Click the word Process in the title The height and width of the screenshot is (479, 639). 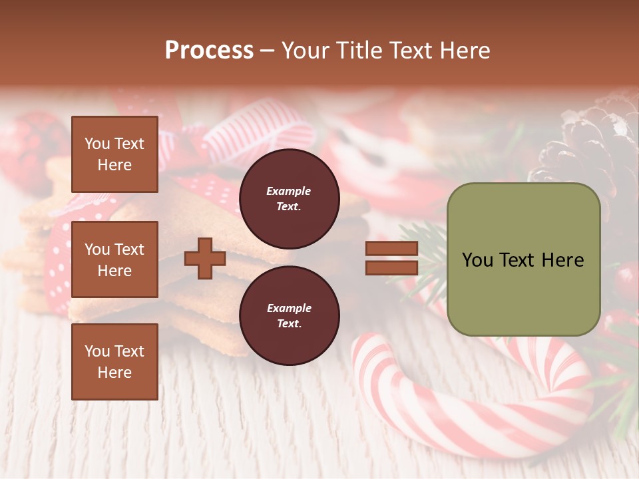point(209,51)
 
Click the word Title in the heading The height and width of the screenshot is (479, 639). point(359,51)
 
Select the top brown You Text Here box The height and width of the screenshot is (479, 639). point(114,154)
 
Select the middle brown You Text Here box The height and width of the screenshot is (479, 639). point(114,259)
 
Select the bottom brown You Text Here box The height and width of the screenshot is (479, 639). point(114,361)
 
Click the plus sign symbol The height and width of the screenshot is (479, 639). point(205,258)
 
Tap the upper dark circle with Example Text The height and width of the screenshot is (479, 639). point(289,198)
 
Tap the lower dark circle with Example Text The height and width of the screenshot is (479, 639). point(289,315)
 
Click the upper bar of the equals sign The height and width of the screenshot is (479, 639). point(391,249)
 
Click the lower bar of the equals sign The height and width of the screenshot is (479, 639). point(391,267)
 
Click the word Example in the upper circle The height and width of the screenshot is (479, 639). point(289,191)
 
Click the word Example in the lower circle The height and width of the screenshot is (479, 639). point(289,308)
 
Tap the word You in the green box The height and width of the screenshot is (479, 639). point(477,260)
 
